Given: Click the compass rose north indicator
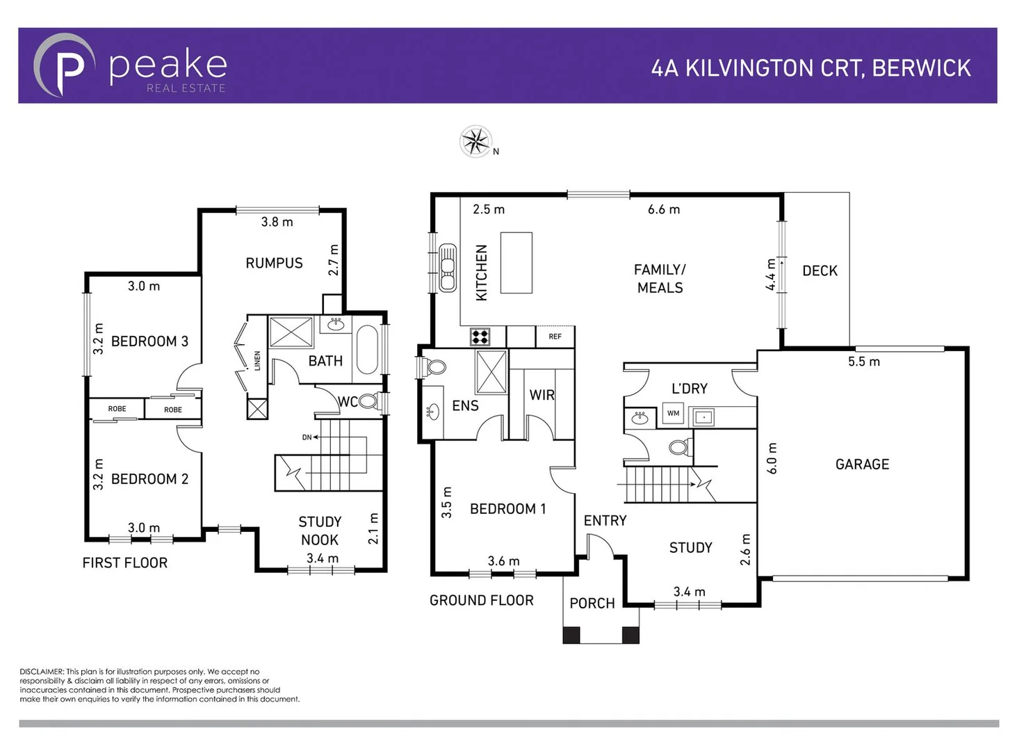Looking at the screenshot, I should [x=476, y=142].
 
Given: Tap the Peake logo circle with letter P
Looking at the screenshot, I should [x=65, y=65].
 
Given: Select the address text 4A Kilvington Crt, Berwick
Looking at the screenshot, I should [x=811, y=68].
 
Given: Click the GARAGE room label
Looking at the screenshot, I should [x=862, y=465].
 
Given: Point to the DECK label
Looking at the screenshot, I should [x=820, y=271].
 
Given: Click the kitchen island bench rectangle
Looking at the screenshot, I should [x=516, y=263].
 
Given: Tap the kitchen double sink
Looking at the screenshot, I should [x=447, y=267].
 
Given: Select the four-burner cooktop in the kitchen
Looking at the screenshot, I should [x=480, y=337].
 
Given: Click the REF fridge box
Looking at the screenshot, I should [x=555, y=337].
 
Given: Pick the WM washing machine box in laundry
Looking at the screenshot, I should [x=673, y=414].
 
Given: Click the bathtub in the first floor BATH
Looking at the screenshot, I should [x=367, y=349].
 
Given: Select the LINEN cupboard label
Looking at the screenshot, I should [x=257, y=360].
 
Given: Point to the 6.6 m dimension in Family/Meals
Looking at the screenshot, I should [x=663, y=209].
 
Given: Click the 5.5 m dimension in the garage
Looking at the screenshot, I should [x=863, y=362].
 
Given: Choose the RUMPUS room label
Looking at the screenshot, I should [x=274, y=264].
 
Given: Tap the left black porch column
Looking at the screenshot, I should [x=571, y=634].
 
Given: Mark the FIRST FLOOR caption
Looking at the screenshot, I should [x=125, y=563].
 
